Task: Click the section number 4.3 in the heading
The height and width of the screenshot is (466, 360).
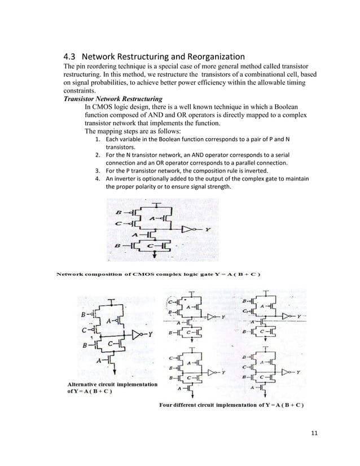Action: [69, 56]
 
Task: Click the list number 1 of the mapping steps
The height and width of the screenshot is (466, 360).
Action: [98, 139]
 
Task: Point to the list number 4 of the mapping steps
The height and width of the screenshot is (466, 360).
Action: [98, 179]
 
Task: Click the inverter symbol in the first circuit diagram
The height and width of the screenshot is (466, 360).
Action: [188, 230]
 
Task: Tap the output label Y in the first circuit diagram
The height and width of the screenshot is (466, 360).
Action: [208, 230]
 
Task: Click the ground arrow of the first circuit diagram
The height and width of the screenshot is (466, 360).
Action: [155, 256]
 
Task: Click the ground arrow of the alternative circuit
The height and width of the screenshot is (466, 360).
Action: [115, 373]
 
